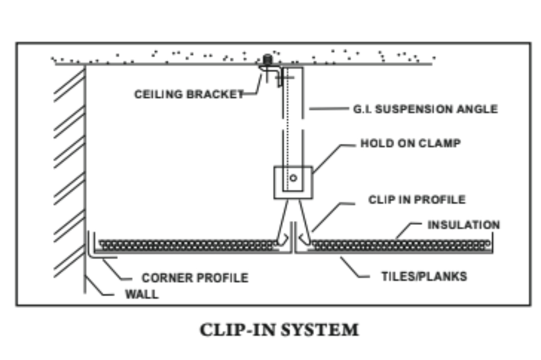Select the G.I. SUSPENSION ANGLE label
425,109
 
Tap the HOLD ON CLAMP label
411,144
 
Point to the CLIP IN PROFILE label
417,199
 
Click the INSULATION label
464,224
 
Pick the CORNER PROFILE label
195,278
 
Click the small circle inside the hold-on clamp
293,177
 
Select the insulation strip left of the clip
187,244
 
